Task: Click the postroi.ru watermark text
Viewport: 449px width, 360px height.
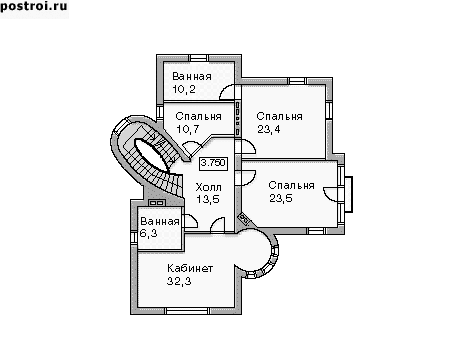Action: [x=34, y=7]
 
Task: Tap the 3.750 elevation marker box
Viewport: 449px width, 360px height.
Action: [x=213, y=163]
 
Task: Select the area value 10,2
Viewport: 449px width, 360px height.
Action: [x=184, y=89]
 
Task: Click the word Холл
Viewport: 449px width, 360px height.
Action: [x=208, y=187]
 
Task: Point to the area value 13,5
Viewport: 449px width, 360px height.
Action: [x=208, y=199]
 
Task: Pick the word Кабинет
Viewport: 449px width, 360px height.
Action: [x=190, y=268]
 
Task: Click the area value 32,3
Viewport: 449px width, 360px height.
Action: [x=179, y=281]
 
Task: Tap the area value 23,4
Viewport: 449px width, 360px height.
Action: [x=269, y=129]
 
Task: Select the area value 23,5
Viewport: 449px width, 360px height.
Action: [x=281, y=198]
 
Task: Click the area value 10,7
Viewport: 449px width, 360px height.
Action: [x=188, y=129]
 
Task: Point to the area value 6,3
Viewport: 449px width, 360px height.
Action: [x=148, y=233]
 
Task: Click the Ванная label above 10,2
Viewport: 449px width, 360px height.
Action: [x=192, y=76]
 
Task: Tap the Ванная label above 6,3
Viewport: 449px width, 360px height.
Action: [x=160, y=221]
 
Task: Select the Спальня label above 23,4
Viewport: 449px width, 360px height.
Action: [x=279, y=116]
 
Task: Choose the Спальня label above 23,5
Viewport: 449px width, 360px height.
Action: [x=291, y=185]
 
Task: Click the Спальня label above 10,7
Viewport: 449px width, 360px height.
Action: [x=198, y=116]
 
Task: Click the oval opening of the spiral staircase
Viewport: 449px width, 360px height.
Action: [x=151, y=155]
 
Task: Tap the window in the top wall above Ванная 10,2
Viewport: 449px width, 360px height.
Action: [x=199, y=58]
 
